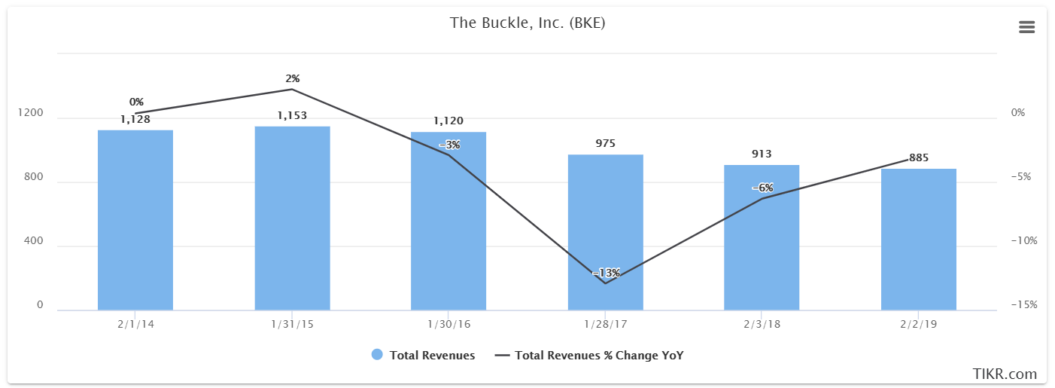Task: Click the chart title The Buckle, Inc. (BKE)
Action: click(x=527, y=23)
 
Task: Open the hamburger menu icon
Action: click(x=1026, y=27)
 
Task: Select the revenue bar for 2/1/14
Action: click(x=135, y=220)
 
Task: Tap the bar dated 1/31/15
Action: click(x=293, y=218)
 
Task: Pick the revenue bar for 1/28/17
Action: click(x=605, y=232)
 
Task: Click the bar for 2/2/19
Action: click(x=918, y=240)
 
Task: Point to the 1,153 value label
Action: click(x=292, y=115)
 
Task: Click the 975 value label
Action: click(x=605, y=143)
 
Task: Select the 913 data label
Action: click(x=762, y=154)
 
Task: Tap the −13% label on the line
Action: click(x=606, y=273)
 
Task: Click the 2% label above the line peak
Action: click(x=293, y=78)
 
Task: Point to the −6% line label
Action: click(x=762, y=188)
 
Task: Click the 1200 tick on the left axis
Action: click(x=30, y=112)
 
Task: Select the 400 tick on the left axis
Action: click(x=33, y=240)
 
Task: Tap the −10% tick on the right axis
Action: click(x=1024, y=240)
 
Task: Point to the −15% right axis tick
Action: click(x=1024, y=304)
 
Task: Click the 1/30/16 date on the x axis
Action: click(x=448, y=325)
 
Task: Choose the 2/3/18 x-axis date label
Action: click(x=762, y=325)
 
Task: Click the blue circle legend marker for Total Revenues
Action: click(x=377, y=355)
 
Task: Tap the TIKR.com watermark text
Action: click(x=1005, y=374)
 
